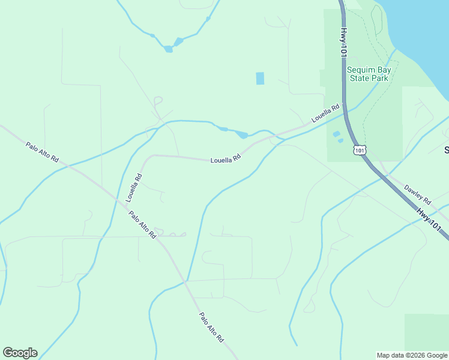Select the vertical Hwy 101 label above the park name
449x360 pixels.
[344, 42]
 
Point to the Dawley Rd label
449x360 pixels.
[417, 193]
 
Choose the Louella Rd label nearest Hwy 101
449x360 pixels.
[325, 114]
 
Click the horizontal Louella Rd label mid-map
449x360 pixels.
[225, 160]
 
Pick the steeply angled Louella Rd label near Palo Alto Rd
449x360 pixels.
[134, 187]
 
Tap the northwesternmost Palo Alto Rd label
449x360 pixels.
[42, 152]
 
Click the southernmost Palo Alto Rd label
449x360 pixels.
[211, 328]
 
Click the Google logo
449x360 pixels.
[20, 353]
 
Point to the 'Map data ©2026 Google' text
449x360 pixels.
[412, 355]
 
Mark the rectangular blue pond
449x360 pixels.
[260, 78]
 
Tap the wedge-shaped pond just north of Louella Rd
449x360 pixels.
[242, 134]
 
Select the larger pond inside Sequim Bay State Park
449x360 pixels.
[336, 134]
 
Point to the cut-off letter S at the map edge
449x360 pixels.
[446, 149]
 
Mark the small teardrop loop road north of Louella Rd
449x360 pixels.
[158, 100]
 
